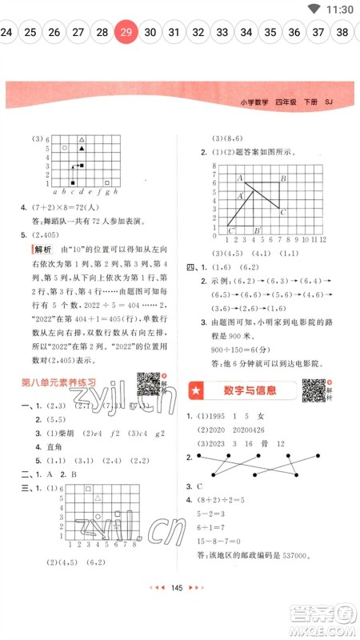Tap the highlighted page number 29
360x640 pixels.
(126, 33)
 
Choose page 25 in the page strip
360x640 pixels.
(30, 33)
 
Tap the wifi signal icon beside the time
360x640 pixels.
(312, 10)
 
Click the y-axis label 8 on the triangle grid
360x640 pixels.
(215, 166)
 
